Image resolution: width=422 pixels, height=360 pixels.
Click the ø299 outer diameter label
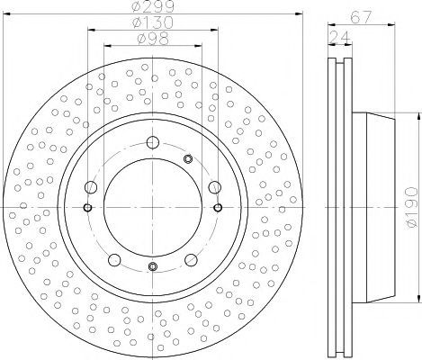pyautogui.click(x=153, y=6)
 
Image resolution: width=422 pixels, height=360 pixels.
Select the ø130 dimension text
pyautogui.click(x=153, y=22)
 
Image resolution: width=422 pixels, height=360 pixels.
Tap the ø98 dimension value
pyautogui.click(x=153, y=39)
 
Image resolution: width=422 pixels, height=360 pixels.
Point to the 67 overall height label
pyautogui.click(x=361, y=17)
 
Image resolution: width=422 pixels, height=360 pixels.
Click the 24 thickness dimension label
pyautogui.click(x=340, y=37)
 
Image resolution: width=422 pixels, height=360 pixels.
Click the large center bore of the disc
pyautogui.click(x=153, y=207)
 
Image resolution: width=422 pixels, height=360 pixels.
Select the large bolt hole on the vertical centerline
pyautogui.click(x=153, y=142)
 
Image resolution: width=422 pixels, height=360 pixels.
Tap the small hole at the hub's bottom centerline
pyautogui.click(x=153, y=265)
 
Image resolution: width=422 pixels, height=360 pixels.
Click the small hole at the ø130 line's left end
pyautogui.click(x=87, y=207)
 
